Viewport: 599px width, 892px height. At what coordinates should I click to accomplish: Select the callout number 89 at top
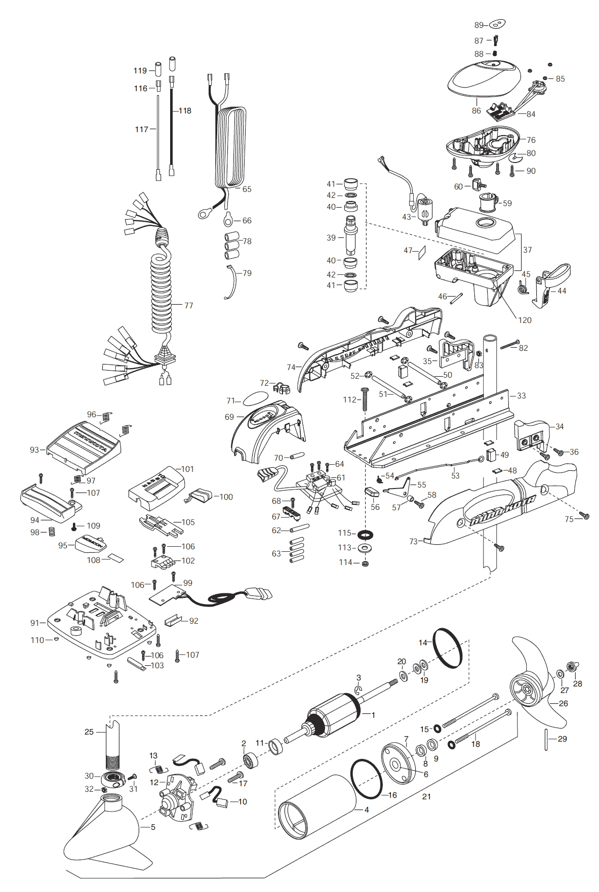tap(479, 25)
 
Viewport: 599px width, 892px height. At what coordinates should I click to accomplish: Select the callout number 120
tap(525, 320)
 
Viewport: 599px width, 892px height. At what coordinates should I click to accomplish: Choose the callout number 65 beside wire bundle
tap(247, 189)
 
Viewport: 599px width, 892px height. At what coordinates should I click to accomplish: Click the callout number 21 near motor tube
tap(426, 796)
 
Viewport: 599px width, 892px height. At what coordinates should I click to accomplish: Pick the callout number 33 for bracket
tap(521, 396)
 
